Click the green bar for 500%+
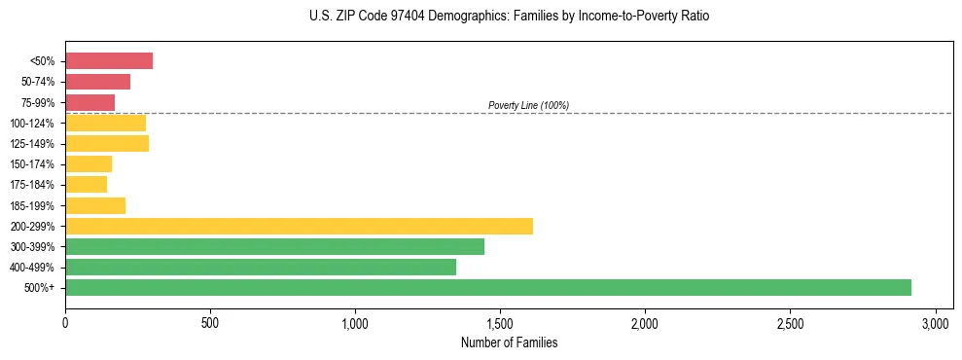point(488,287)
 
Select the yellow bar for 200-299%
point(299,226)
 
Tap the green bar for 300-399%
point(274,246)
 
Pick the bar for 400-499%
point(261,267)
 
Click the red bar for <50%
point(109,61)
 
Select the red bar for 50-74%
point(97,82)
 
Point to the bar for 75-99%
point(89,102)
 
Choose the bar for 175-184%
point(86,184)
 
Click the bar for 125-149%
point(107,143)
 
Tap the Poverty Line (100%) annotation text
point(528,105)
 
